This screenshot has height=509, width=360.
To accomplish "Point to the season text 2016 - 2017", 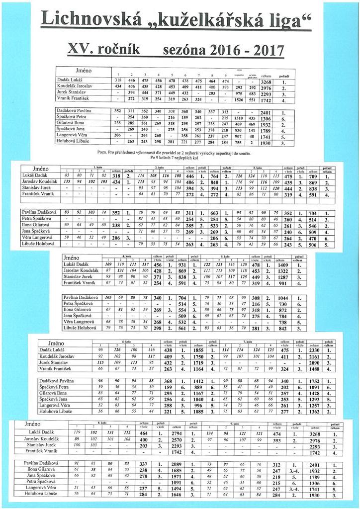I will (x=248, y=50).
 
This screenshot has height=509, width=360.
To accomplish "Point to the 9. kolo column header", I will (x=235, y=422).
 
